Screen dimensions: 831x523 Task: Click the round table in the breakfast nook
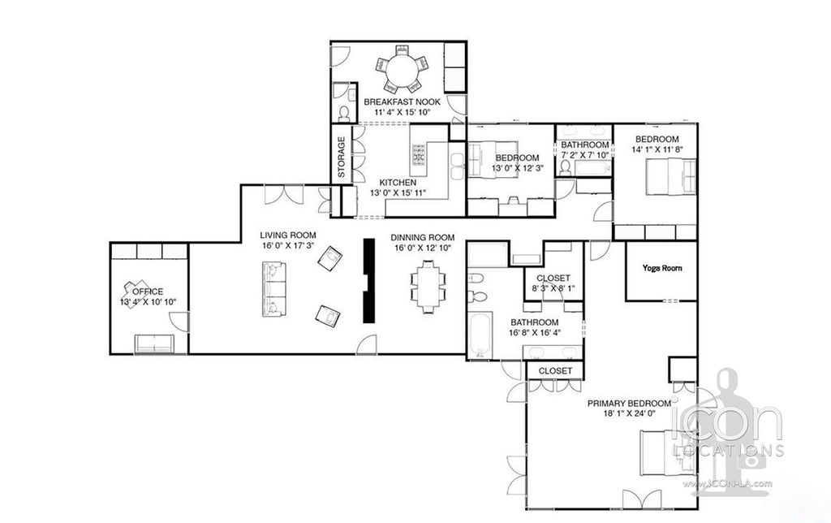coord(403,70)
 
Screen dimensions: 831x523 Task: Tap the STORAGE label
coord(342,157)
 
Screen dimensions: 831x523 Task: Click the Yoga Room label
coord(662,268)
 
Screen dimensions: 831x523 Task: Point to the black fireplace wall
coord(368,280)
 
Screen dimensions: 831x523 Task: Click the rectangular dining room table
coord(428,286)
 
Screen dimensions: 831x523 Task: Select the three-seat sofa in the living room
coord(274,289)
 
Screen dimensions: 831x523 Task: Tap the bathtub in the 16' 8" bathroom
coord(480,335)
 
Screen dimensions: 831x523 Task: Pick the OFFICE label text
coord(148,292)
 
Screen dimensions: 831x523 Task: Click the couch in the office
coord(154,344)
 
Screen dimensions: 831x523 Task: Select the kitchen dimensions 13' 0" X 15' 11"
coord(398,193)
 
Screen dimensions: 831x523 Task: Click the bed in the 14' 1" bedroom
coord(670,177)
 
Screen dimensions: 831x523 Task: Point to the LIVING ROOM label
coord(288,235)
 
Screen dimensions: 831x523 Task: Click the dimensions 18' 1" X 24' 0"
coord(629,413)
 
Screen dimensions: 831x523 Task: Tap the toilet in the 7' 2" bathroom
coord(565,167)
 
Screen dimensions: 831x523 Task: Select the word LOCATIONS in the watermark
coord(728,451)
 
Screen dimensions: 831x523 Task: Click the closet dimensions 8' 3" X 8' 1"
coord(553,288)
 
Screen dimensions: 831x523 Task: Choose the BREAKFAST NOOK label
coord(402,102)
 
